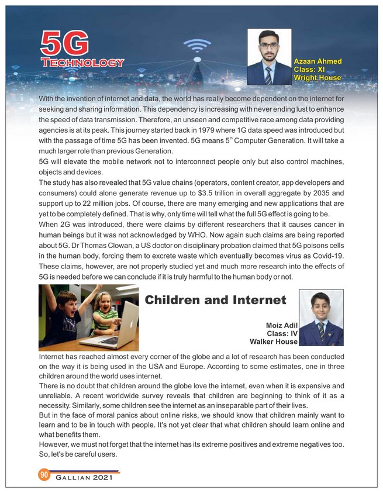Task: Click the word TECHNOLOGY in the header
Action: coord(82,63)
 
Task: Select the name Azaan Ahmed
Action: coord(318,61)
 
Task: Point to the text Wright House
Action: coord(318,77)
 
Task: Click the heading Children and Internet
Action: coord(215,301)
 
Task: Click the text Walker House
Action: coord(274,342)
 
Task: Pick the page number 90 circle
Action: coord(43,474)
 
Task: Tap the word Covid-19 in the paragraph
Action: coord(326,256)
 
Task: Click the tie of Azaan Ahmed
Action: coord(268,74)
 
